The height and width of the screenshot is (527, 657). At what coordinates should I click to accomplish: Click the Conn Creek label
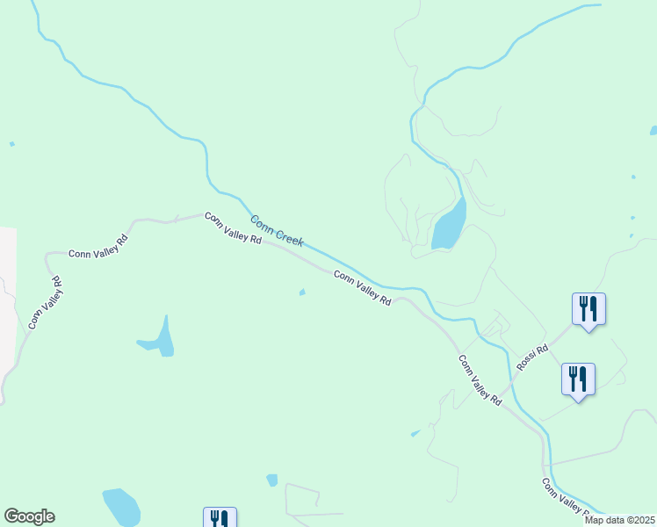point(277,230)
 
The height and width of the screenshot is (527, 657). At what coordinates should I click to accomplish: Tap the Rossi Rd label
point(532,357)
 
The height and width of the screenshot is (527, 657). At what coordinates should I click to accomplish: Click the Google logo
point(29,516)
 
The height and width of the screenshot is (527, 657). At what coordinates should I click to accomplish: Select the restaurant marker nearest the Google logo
point(220,519)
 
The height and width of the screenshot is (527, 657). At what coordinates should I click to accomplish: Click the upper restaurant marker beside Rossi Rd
point(588,309)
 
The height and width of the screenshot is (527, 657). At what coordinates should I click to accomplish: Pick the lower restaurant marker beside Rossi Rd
point(578,379)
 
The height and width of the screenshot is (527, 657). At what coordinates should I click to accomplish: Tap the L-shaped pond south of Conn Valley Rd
point(159,339)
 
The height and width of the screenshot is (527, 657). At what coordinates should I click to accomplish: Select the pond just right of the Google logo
point(122,506)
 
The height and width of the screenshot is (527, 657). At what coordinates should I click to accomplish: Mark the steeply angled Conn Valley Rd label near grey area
point(46,303)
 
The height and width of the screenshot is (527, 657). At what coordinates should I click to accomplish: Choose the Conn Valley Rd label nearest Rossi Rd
point(479,379)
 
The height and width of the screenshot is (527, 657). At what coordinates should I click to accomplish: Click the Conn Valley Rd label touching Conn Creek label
point(233,227)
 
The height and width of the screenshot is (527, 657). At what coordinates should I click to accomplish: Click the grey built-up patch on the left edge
point(7,299)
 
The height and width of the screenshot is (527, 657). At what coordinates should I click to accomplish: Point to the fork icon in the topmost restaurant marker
point(583,307)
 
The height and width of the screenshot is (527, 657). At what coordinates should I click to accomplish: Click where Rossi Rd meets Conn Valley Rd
point(504,387)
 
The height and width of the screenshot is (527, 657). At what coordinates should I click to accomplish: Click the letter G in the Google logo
point(11,516)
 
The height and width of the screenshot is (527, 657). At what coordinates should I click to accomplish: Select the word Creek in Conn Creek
point(289,236)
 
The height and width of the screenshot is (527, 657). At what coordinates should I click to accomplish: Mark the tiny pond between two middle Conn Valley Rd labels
point(302,292)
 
